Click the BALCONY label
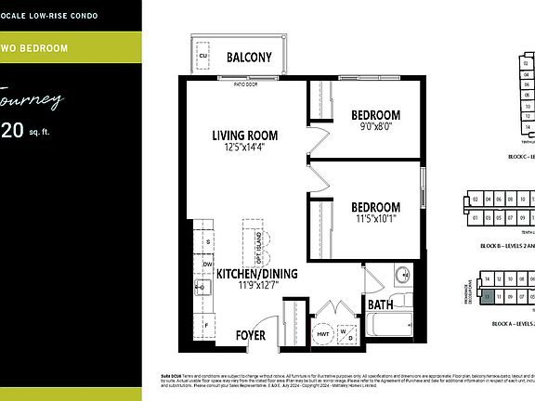point(249,58)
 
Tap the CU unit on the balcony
point(203,57)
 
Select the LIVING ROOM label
point(244,136)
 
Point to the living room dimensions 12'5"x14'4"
point(244,148)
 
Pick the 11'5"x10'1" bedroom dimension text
point(376,220)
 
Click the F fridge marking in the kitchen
point(207,326)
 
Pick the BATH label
point(380,304)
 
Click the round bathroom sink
point(402,275)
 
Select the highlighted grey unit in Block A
point(487,296)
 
